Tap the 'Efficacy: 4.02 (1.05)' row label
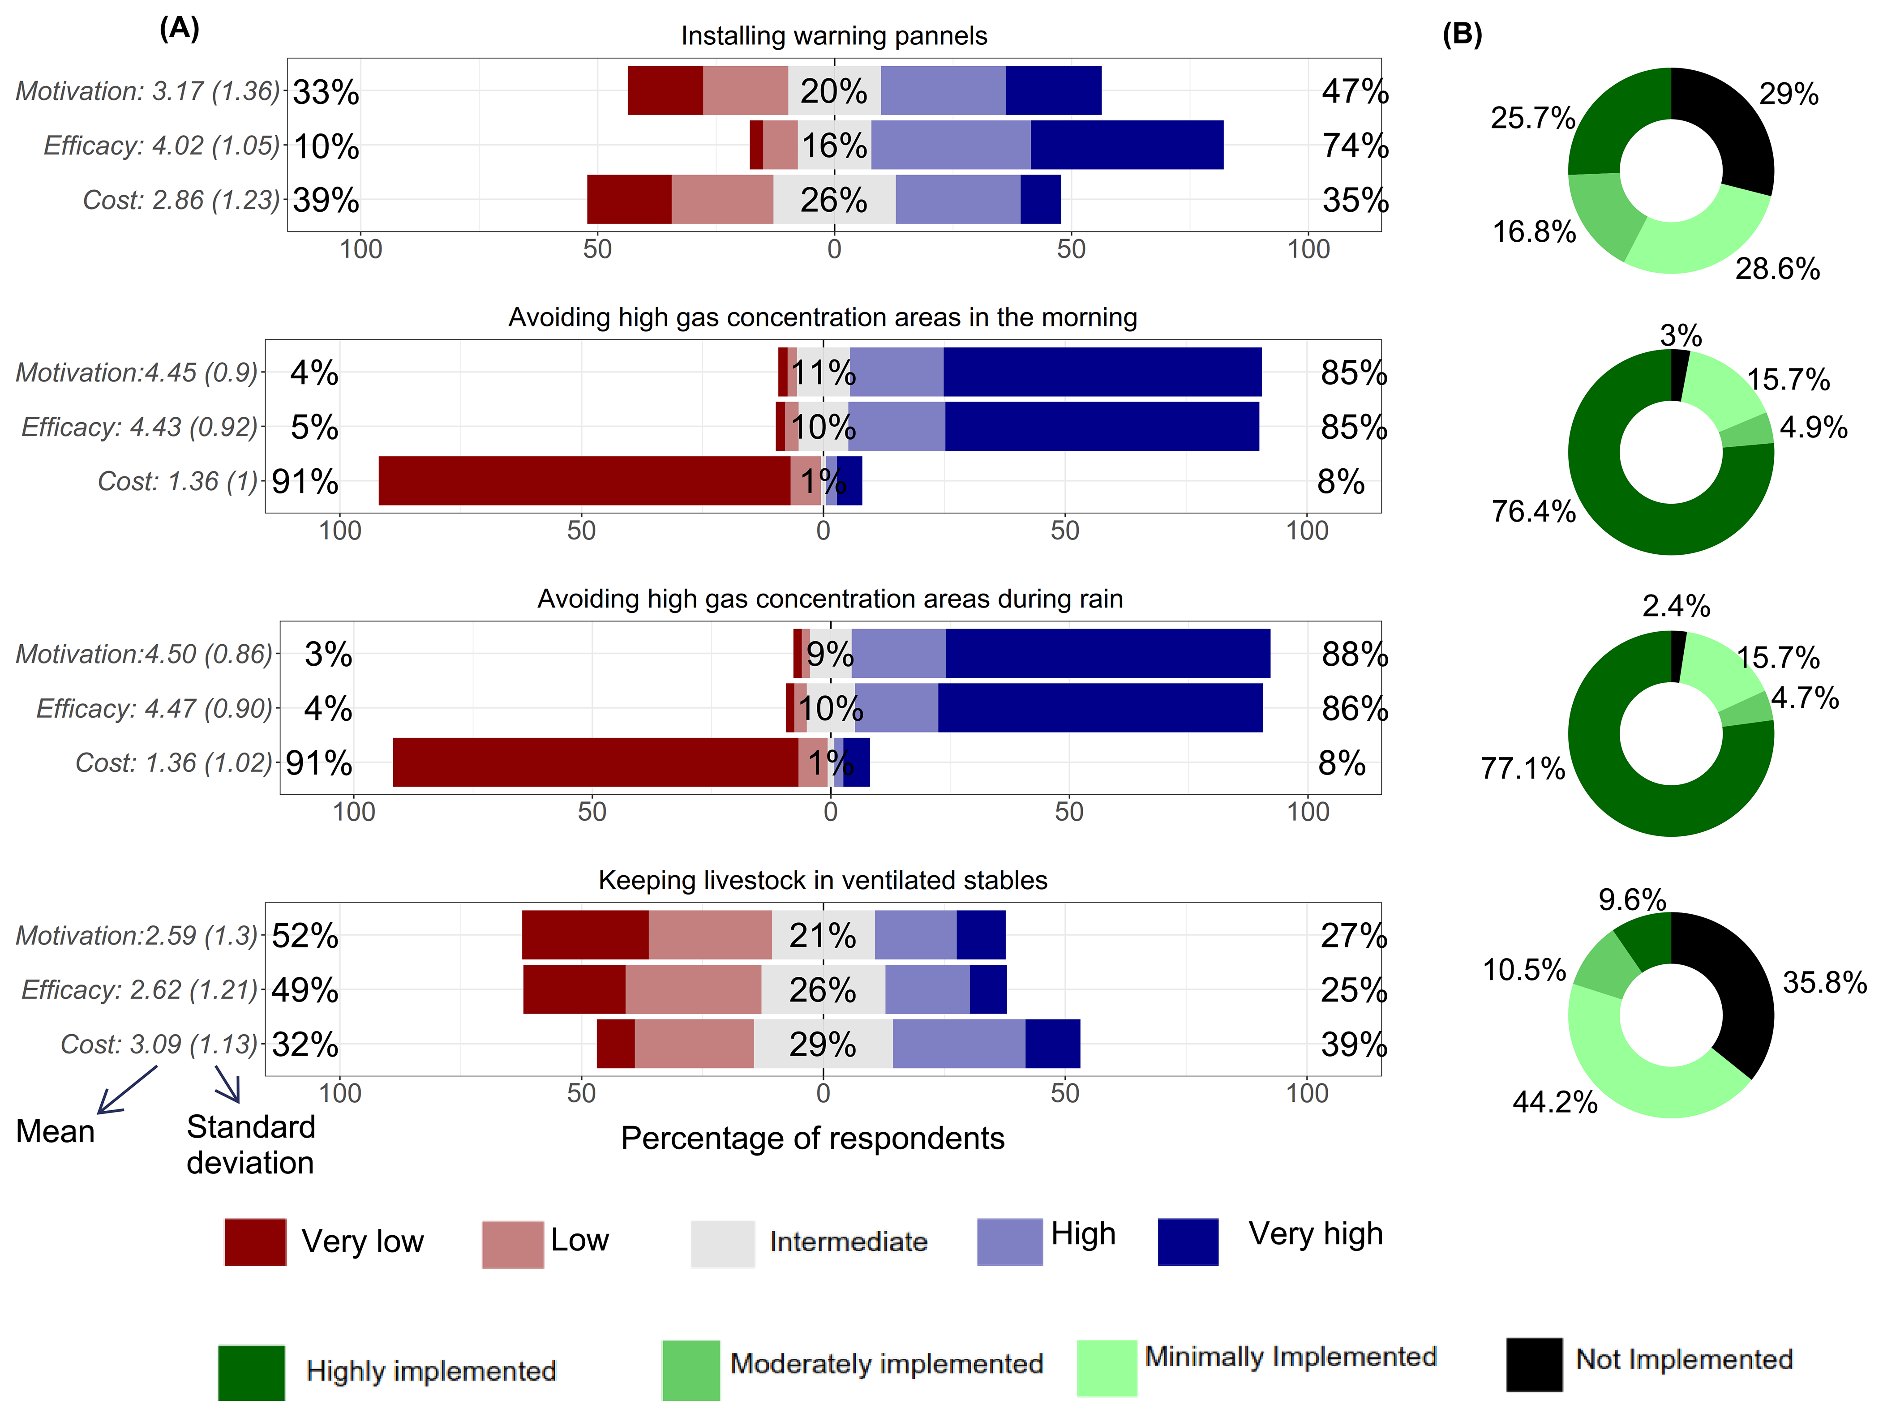point(162,146)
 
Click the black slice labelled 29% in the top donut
point(1728,128)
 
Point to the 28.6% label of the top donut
point(1777,269)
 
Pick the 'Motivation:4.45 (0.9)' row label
point(136,373)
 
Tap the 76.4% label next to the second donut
point(1533,511)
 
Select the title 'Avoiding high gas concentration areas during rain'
point(830,599)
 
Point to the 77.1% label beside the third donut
point(1523,769)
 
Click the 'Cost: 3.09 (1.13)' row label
point(159,1044)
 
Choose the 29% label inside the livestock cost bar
point(822,1044)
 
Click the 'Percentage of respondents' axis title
point(812,1139)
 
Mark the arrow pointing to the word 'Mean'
point(128,1089)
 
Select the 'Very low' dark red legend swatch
point(255,1242)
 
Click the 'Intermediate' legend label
point(848,1241)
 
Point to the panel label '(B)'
point(1462,34)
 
